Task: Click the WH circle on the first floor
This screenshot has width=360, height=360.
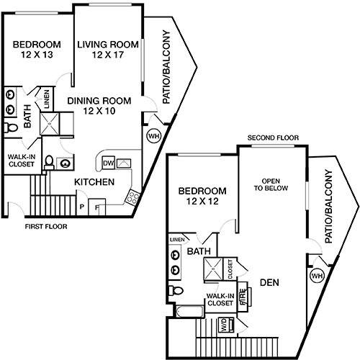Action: (x=153, y=136)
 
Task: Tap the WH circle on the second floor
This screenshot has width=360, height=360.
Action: (x=317, y=276)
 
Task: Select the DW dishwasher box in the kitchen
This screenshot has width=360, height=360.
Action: (x=109, y=163)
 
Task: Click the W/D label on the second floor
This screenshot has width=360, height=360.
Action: (x=224, y=325)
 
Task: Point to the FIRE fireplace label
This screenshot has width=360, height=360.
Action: (x=243, y=297)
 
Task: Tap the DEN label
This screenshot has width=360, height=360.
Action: (x=269, y=282)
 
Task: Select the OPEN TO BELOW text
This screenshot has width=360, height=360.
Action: (x=271, y=184)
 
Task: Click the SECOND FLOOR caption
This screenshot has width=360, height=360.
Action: (x=273, y=138)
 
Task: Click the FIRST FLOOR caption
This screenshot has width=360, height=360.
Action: (x=46, y=226)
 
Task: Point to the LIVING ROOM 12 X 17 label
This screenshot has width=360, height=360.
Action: (x=108, y=50)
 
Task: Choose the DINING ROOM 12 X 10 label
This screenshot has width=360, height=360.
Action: (x=99, y=106)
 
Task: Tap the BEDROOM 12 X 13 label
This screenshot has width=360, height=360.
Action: (x=37, y=50)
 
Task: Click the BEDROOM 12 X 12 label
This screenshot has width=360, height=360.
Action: (x=202, y=196)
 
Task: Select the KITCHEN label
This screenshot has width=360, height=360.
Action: (x=94, y=182)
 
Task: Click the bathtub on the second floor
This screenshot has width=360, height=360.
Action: (x=189, y=311)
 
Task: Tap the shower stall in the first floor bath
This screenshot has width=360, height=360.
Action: (x=50, y=124)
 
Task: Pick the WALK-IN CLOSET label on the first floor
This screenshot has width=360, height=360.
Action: (x=22, y=161)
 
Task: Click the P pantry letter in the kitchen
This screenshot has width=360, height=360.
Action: (x=82, y=207)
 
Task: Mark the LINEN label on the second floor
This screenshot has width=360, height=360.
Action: (x=177, y=240)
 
